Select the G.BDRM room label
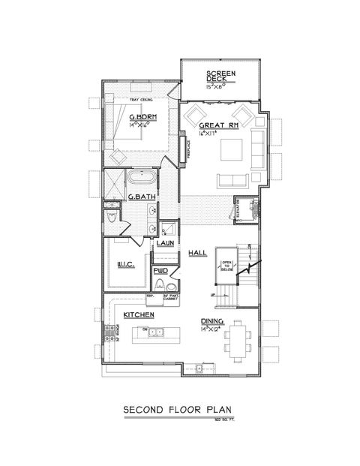point(141,118)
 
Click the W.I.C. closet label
point(127,263)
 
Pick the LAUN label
point(165,245)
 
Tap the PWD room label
point(160,271)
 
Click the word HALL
point(197,253)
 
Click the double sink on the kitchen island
point(155,332)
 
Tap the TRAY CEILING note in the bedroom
point(141,101)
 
